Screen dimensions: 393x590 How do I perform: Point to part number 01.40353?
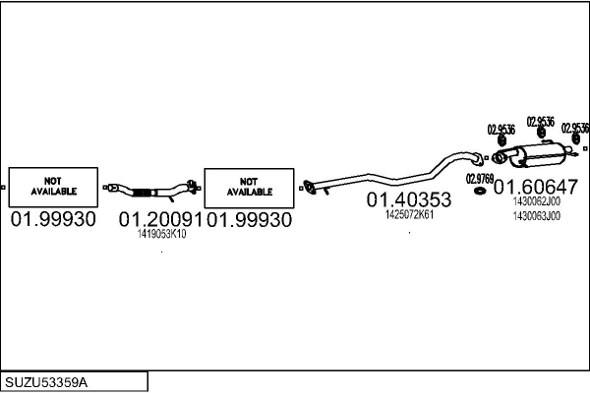coord(409,200)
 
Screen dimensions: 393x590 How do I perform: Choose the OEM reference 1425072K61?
coord(409,215)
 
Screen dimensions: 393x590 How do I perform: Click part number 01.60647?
coord(535,187)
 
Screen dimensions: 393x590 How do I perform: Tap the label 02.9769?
coord(480,178)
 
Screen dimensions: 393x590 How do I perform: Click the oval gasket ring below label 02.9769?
coord(481,190)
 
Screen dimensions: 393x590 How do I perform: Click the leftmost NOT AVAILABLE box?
coord(53,186)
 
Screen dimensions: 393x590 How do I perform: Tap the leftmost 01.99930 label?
coord(53,220)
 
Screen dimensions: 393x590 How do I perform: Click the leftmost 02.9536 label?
coord(501,130)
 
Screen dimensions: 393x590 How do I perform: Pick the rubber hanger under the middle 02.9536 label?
coord(540,133)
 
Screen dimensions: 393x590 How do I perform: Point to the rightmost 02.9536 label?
coord(575,128)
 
